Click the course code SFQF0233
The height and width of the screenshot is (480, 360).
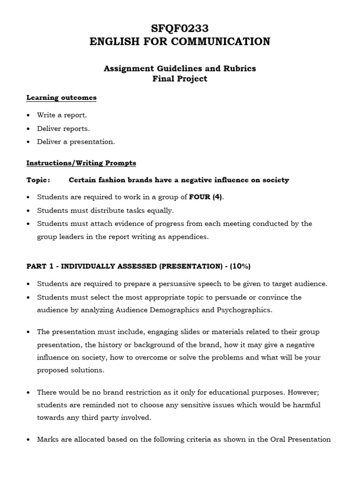coord(180,29)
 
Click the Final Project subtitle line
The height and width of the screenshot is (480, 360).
coord(180,79)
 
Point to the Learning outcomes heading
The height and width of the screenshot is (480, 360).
coord(61,97)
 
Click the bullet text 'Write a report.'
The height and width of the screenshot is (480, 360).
coord(62,115)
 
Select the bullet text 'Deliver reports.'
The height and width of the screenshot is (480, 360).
coord(63,128)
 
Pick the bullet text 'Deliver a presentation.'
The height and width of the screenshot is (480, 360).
coord(75,142)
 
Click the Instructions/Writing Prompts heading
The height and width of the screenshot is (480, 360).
coord(81,163)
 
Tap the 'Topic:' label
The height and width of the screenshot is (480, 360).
coord(38,180)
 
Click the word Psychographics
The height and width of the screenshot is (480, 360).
coord(244,310)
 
